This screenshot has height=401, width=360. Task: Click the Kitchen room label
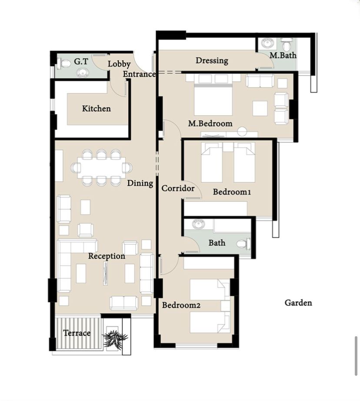[97, 109]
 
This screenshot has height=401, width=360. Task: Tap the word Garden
[298, 303]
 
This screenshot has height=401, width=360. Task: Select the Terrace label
[77, 333]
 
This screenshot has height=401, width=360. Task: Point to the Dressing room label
[212, 60]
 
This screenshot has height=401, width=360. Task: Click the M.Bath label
[283, 55]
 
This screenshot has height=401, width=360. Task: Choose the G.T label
[81, 61]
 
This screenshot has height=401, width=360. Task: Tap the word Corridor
[178, 188]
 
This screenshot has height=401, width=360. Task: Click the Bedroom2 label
[181, 305]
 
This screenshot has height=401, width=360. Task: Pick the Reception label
[107, 256]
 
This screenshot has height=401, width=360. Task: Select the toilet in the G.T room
[63, 63]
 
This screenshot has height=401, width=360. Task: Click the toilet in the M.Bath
[287, 44]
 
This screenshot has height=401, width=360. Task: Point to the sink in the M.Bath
[268, 43]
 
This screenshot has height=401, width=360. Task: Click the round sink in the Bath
[198, 224]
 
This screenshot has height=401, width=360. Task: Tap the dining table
[101, 168]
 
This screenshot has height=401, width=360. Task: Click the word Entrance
[139, 74]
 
